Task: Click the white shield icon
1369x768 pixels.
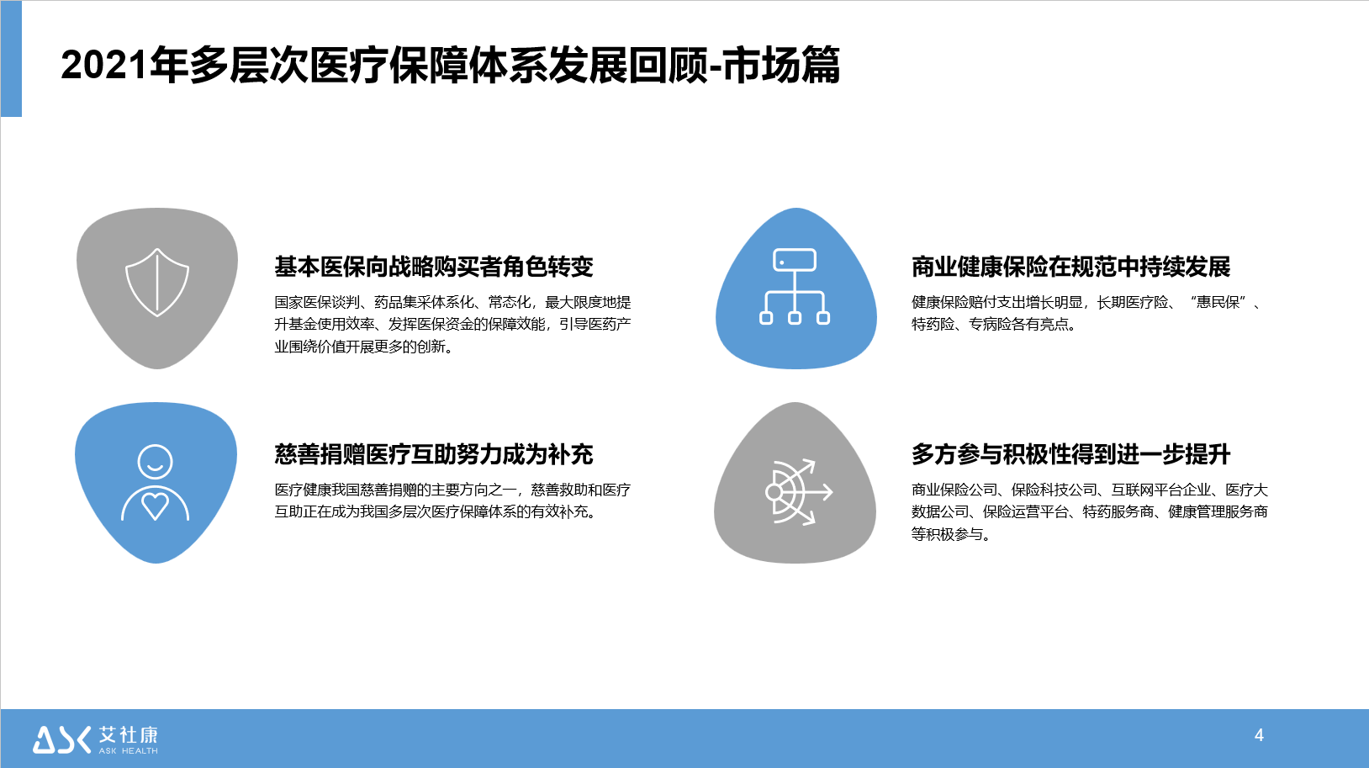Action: [157, 282]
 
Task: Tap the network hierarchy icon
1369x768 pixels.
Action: [795, 286]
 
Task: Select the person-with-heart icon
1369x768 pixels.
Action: [156, 483]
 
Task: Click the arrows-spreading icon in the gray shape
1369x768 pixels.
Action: [799, 491]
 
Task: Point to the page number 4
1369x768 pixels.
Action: [1259, 735]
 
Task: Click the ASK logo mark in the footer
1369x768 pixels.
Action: [61, 739]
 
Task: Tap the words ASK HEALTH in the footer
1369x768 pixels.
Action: [129, 751]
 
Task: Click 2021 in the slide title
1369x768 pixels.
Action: [104, 65]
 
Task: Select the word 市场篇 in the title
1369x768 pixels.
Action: [782, 65]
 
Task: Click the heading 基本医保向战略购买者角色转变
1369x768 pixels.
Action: [434, 267]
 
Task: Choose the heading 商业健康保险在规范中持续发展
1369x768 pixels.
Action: [1070, 267]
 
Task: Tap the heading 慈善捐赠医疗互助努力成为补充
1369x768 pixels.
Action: [434, 454]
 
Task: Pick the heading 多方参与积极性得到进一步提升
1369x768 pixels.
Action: [1070, 454]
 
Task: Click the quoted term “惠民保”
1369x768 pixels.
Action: [1218, 302]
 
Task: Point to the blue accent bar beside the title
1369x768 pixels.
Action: [11, 59]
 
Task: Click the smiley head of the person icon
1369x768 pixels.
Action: [156, 461]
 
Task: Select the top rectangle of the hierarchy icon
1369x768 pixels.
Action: [795, 260]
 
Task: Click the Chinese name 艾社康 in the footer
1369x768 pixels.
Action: [129, 734]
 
